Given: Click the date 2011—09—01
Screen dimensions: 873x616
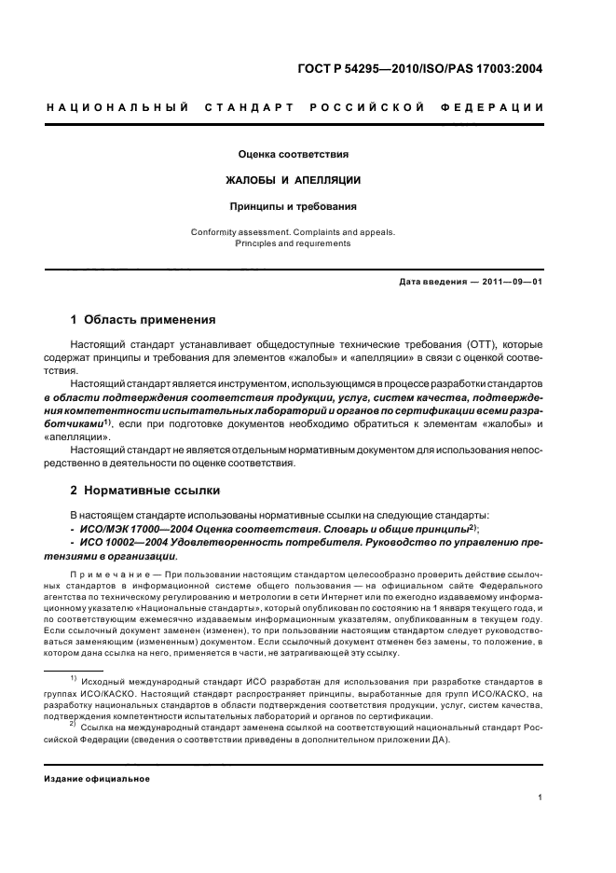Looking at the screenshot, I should (x=508, y=282).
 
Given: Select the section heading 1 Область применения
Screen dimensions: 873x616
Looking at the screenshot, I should (x=144, y=319).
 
